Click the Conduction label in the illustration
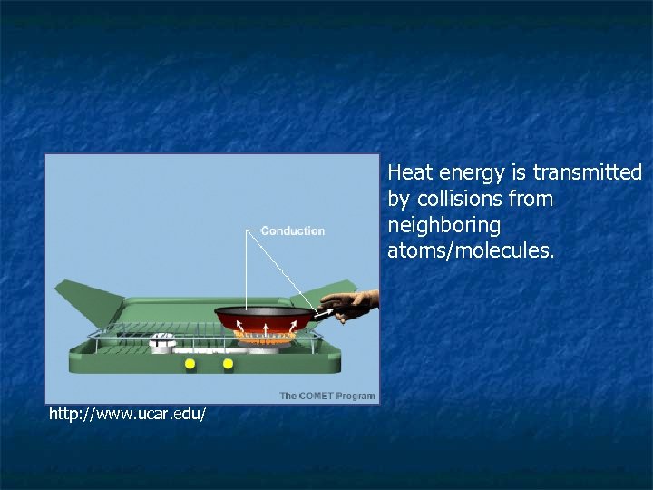[292, 231]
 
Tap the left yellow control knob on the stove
[190, 364]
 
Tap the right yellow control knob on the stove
[228, 364]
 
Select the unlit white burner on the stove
[162, 340]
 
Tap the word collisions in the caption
[460, 198]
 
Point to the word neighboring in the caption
[443, 224]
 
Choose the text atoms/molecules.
[470, 250]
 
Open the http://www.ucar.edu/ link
[127, 414]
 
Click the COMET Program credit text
[326, 396]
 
